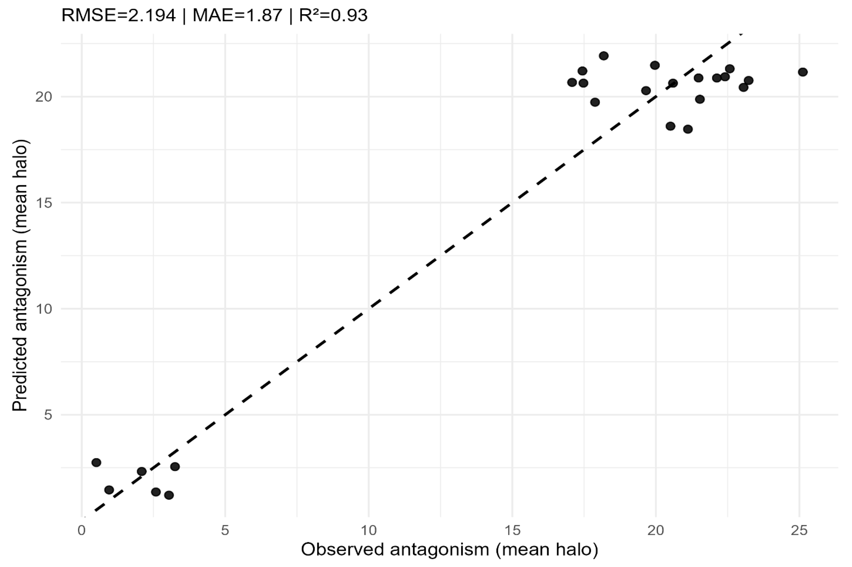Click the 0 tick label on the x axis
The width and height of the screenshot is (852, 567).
click(x=82, y=531)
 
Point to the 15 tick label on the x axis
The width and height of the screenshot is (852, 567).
click(x=512, y=531)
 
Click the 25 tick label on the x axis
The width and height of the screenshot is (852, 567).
click(x=799, y=531)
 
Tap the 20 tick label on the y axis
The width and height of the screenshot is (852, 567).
click(x=43, y=97)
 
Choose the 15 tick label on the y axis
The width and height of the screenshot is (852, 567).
click(x=43, y=203)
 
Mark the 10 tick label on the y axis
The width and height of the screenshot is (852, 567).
click(x=43, y=309)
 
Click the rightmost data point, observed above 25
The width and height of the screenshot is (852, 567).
click(x=803, y=72)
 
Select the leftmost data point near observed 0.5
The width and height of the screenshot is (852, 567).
click(x=96, y=462)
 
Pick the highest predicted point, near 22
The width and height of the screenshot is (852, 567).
click(x=604, y=56)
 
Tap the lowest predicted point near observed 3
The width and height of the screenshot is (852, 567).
click(x=169, y=495)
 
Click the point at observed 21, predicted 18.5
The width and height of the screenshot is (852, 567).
click(x=688, y=129)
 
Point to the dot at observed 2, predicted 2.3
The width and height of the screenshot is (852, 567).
click(x=142, y=471)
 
